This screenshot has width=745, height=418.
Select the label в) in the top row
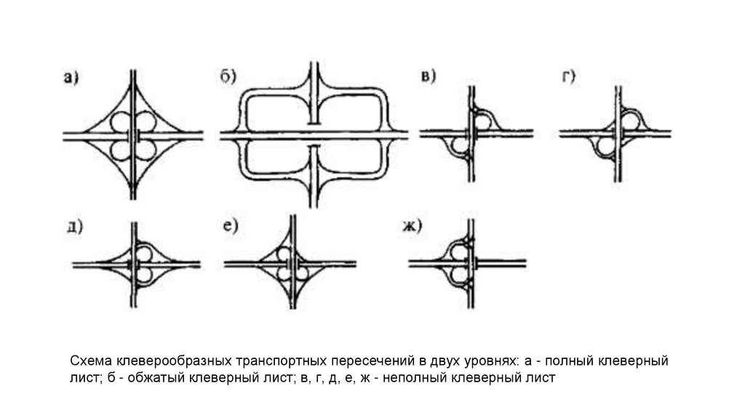pos(429,78)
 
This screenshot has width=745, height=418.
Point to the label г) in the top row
pos(568,77)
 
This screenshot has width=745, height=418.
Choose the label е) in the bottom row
pos(231,226)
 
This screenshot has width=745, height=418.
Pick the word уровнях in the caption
pos(485,362)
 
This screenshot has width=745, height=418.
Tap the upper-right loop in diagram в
pos(485,120)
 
